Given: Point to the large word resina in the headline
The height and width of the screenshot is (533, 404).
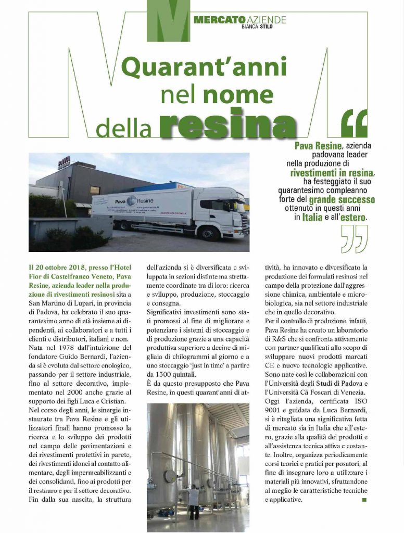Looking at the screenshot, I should pos(227,124).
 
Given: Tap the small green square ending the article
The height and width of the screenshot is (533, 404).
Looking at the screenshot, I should pos(364,500).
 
